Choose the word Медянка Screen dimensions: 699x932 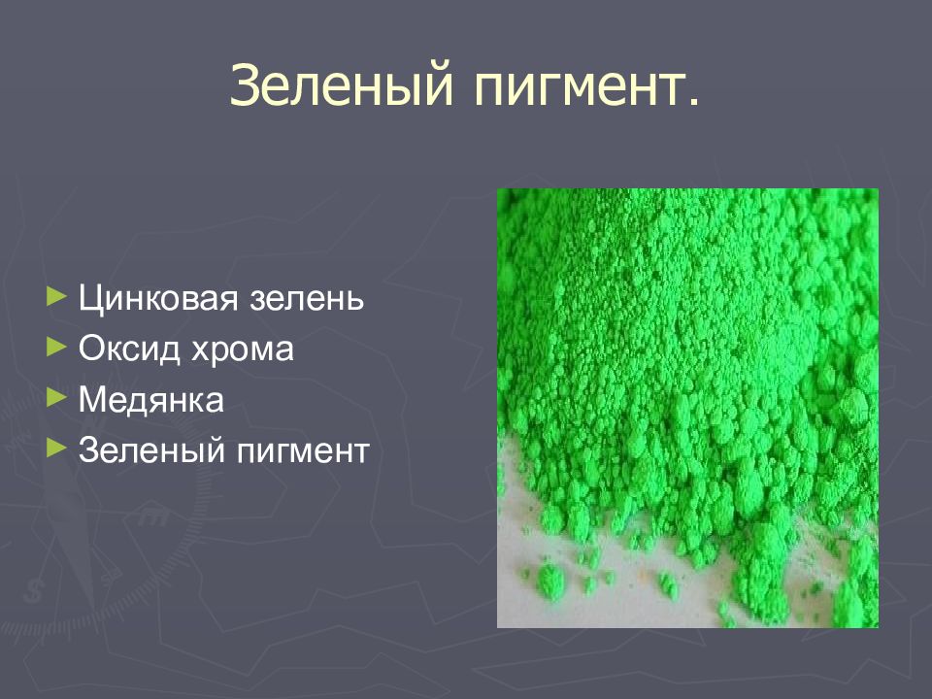pos(151,398)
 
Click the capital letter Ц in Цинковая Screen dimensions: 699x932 pos(90,297)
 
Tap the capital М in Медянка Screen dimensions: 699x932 pos(92,398)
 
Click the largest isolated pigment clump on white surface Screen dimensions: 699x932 pos(549,580)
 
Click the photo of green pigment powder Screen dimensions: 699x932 pos(687,408)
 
